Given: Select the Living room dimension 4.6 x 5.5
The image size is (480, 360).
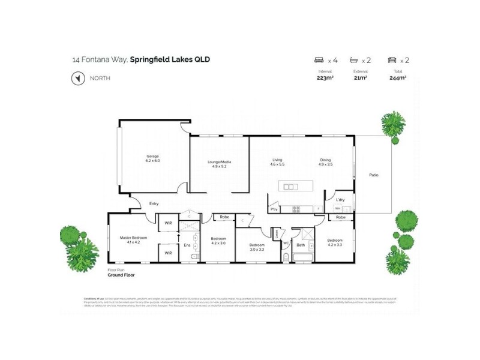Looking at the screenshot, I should [x=277, y=164].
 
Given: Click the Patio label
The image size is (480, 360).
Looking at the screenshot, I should [x=373, y=175].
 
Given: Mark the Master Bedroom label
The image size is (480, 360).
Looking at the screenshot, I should [x=133, y=238].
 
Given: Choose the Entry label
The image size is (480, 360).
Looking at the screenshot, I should [x=154, y=204].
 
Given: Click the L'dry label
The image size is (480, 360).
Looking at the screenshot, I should [x=340, y=199].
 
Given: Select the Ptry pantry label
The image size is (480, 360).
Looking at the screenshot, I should [x=274, y=209].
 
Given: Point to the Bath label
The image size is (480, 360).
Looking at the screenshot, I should [x=301, y=245].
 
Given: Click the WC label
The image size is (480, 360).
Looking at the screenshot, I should [x=286, y=243].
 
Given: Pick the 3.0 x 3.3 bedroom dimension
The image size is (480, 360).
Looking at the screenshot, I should [x=257, y=249].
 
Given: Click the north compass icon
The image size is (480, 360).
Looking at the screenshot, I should [x=76, y=79].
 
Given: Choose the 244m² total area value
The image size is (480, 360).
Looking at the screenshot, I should [x=398, y=77].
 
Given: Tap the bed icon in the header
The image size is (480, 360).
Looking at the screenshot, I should [x=319, y=60].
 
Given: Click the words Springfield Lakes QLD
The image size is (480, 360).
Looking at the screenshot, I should [x=170, y=59].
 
